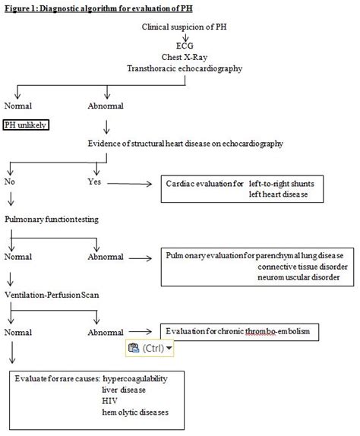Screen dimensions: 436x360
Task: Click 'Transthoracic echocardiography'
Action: (186, 68)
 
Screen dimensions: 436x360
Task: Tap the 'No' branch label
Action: (10, 182)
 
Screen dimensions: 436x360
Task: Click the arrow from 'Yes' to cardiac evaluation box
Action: (134, 183)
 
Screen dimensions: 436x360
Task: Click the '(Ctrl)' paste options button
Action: (150, 348)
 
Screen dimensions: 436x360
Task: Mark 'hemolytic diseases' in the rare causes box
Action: (135, 412)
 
